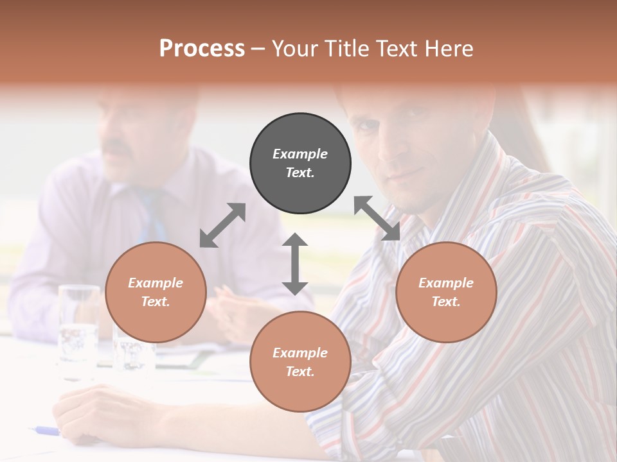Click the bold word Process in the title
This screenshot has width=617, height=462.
point(202,49)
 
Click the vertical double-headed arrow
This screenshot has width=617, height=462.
point(295,264)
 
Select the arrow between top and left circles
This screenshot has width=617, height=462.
point(222,225)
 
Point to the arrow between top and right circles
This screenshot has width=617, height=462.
point(377,218)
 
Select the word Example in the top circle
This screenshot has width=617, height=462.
point(300,154)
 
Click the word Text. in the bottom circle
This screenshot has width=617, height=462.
point(300,372)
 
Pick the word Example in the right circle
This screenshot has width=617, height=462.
point(446,283)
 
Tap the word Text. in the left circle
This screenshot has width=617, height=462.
point(156,302)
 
